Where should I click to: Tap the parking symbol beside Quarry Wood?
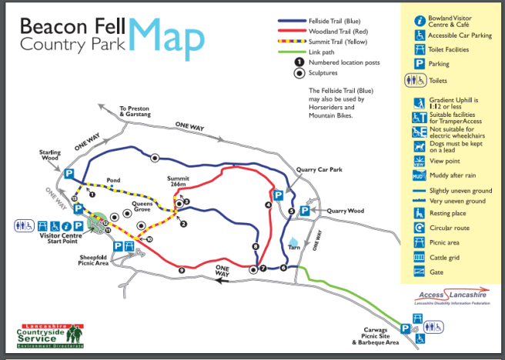pyautogui.click(x=304, y=210)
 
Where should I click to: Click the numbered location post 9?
pyautogui.click(x=182, y=270)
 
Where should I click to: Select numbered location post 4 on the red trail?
pyautogui.click(x=268, y=205)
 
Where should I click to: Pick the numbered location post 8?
pyautogui.click(x=255, y=246)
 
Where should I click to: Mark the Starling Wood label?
pyautogui.click(x=50, y=155)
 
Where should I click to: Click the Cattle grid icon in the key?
pyautogui.click(x=420, y=256)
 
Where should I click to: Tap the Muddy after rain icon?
pyautogui.click(x=420, y=175)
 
